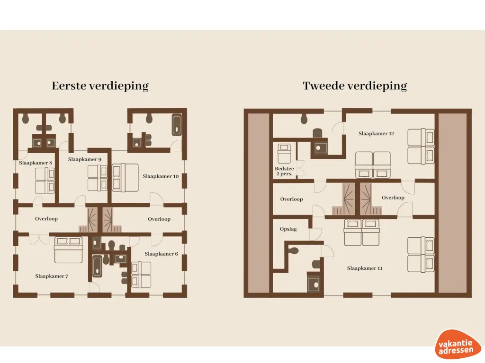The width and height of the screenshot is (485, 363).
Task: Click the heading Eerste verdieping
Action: coord(100,86)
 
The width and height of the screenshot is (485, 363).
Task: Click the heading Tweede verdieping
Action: coord(355,86)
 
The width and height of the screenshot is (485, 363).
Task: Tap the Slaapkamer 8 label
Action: coord(36,163)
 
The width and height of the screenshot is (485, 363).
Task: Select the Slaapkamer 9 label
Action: coord(84,160)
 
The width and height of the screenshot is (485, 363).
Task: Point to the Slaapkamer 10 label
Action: coord(161,176)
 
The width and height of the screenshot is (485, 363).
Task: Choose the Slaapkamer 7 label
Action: coord(52,276)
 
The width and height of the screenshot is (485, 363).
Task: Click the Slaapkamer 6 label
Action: coord(161,254)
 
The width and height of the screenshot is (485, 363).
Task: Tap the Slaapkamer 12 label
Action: coord(376,134)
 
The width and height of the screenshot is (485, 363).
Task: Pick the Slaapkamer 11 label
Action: coord(364,268)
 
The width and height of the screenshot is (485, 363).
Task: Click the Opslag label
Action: coord(288,229)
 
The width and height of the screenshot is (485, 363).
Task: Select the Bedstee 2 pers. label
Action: coord(284,171)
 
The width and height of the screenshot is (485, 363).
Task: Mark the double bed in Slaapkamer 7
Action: coord(69,249)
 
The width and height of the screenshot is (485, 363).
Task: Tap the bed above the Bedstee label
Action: coord(285,153)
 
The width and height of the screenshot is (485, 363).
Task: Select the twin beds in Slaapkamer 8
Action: coord(45,181)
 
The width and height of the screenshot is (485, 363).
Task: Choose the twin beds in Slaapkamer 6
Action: coord(141,275)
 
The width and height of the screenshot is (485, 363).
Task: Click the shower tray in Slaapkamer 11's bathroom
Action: coord(314,284)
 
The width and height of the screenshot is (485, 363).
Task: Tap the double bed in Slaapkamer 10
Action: coord(125,177)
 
